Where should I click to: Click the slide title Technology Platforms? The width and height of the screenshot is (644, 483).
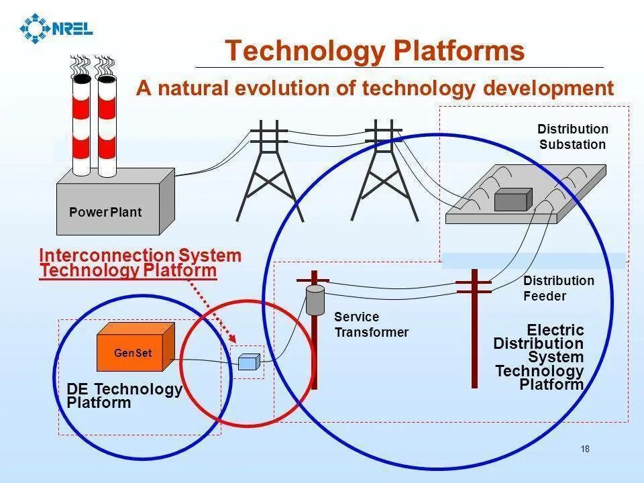[374, 51]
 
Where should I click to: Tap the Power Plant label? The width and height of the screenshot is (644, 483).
[105, 212]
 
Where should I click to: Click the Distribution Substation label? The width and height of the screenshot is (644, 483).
[572, 137]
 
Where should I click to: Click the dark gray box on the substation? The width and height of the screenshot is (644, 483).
[513, 200]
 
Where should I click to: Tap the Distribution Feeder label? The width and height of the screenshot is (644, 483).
[558, 288]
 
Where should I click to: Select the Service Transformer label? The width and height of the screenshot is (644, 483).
[370, 325]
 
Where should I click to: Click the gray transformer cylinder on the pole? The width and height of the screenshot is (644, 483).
[315, 299]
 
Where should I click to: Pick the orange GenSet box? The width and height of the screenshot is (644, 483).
[136, 347]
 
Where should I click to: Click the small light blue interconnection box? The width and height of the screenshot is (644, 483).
[248, 362]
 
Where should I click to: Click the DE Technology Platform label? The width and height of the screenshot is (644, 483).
[124, 396]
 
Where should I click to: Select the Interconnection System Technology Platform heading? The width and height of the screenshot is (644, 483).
[140, 263]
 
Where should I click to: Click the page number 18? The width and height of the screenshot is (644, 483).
[585, 449]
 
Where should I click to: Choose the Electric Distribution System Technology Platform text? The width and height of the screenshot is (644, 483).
[539, 357]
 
